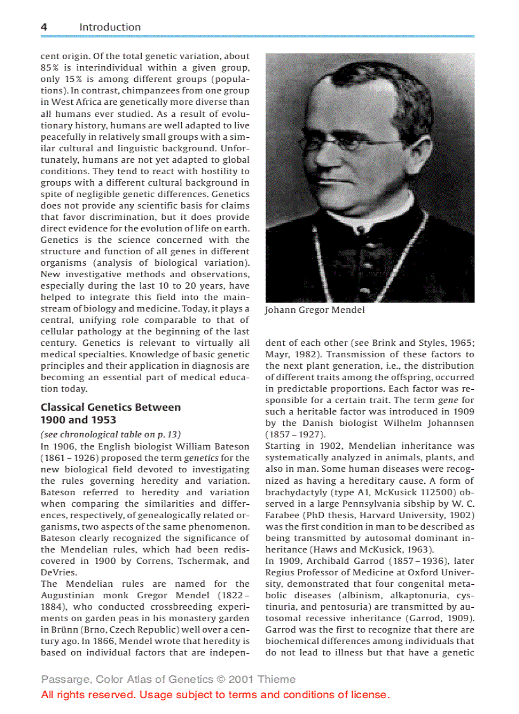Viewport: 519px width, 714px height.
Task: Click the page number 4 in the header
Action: coord(44,27)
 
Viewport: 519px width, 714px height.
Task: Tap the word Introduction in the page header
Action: coord(109,27)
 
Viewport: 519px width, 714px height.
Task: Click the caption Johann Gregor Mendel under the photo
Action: coord(315,310)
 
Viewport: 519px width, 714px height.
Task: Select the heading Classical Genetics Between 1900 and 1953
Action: coord(110,413)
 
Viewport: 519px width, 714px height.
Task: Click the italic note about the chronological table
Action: coord(106,435)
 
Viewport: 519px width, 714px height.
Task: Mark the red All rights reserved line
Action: coord(215,694)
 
